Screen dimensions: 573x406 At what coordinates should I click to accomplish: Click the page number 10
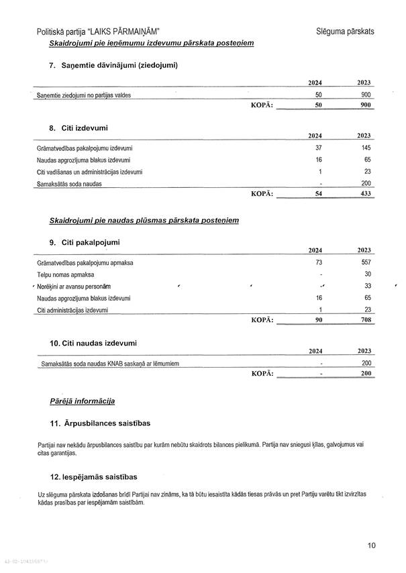(x=372, y=545)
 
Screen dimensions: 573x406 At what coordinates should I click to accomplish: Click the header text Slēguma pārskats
(x=345, y=31)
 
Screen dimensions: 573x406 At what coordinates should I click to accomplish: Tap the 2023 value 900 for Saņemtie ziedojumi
(x=366, y=95)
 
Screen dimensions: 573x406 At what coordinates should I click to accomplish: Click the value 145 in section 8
(x=366, y=148)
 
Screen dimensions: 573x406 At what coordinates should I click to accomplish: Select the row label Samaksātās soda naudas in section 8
(x=70, y=184)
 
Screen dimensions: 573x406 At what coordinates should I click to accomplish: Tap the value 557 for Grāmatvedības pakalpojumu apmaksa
(x=366, y=262)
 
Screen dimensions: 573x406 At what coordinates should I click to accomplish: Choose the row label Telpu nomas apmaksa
(x=66, y=274)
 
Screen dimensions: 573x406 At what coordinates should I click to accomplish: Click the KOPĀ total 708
(x=366, y=320)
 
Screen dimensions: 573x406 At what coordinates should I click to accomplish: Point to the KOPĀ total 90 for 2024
(x=319, y=320)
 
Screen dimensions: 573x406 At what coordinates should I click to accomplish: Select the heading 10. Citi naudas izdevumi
(x=93, y=343)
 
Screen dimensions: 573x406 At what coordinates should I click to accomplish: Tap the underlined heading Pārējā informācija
(x=83, y=401)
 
